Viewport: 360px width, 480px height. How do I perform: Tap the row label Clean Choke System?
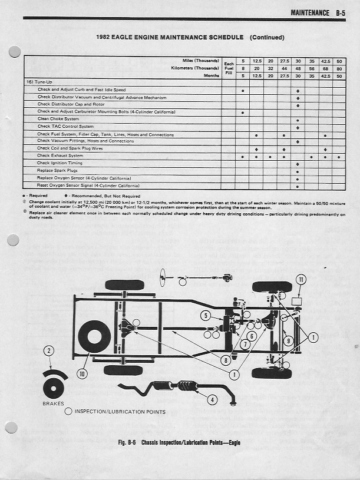tap(58, 119)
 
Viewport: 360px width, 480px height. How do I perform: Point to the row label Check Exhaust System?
tap(60, 155)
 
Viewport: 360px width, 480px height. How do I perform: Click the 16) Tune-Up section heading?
tap(37, 82)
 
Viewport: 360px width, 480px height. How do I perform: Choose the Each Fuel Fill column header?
tap(229, 68)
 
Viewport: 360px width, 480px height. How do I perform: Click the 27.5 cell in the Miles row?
tap(284, 61)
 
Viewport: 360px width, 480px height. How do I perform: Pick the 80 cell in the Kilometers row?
tap(339, 68)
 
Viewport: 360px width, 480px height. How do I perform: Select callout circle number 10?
tap(81, 372)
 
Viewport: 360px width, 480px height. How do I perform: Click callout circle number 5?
tap(206, 316)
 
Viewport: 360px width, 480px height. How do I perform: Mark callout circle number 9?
tap(288, 341)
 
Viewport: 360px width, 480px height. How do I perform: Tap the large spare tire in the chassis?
tap(94, 338)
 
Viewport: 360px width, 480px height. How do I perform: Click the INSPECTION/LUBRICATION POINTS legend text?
tap(120, 412)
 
